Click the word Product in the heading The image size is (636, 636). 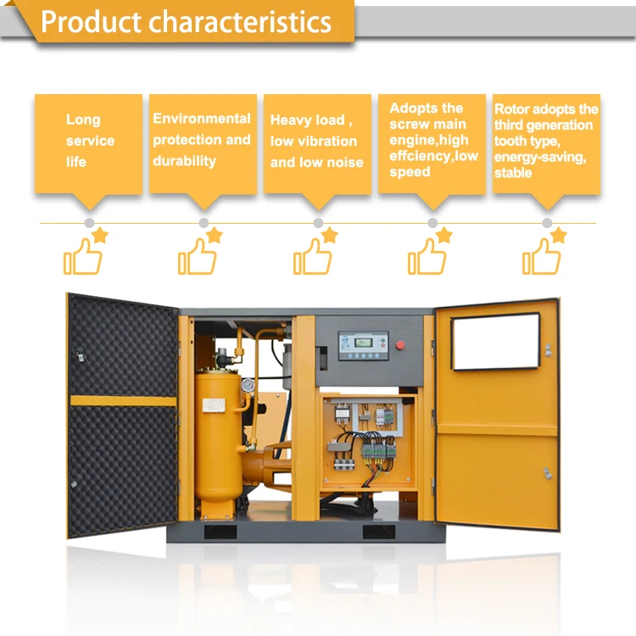[91, 22]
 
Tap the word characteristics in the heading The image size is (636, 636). [240, 21]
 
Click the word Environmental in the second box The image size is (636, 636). [202, 119]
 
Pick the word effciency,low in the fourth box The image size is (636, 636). [433, 156]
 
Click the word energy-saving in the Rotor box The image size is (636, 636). [540, 157]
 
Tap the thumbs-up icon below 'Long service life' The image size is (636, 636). [83, 256]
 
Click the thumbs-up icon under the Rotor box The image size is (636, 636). [542, 256]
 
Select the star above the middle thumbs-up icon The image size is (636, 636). [329, 235]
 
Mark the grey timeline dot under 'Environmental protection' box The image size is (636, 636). [204, 223]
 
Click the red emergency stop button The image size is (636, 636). [400, 345]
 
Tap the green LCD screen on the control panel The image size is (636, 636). [363, 343]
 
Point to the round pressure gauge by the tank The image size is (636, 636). [248, 385]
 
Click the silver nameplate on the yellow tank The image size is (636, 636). [214, 405]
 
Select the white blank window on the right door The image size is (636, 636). [496, 342]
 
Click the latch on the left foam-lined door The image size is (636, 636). [80, 354]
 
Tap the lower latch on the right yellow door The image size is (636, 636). [548, 473]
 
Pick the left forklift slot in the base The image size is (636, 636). [220, 532]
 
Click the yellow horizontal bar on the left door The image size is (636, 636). [123, 401]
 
